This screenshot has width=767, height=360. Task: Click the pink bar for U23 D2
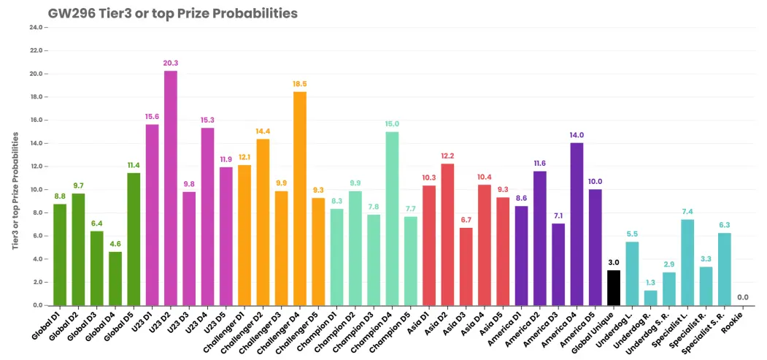(x=170, y=188)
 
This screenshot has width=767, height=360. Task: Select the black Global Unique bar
(x=614, y=288)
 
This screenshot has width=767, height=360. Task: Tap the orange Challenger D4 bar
(x=300, y=199)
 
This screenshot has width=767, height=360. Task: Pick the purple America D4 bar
(x=577, y=224)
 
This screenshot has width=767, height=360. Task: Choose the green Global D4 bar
(x=115, y=279)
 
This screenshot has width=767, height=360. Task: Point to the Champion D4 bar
(x=392, y=218)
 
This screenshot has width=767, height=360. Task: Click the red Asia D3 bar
(x=466, y=267)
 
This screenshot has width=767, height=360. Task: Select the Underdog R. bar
(x=650, y=298)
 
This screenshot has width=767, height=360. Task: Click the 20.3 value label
(x=171, y=63)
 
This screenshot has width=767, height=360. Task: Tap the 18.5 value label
(x=300, y=84)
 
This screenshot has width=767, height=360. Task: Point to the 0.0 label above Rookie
(x=742, y=297)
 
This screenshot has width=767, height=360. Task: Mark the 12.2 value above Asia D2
(x=447, y=156)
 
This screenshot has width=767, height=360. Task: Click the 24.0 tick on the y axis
(x=38, y=28)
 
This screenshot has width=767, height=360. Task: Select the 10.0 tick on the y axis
(x=38, y=190)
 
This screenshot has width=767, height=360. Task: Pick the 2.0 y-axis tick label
(x=39, y=282)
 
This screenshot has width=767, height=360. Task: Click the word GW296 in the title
(x=71, y=13)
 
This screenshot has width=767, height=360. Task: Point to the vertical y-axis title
(x=15, y=191)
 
